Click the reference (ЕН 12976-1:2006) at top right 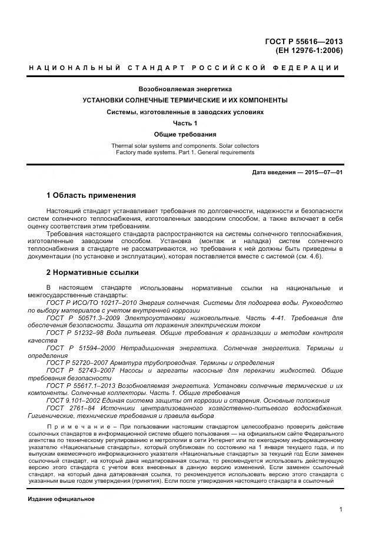(x=309, y=51)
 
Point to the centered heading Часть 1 (x=185, y=123)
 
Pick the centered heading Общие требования (x=185, y=134)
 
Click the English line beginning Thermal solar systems (x=185, y=145)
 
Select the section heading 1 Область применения (x=91, y=195)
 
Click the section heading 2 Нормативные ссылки (x=92, y=273)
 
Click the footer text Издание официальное (x=61, y=499)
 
